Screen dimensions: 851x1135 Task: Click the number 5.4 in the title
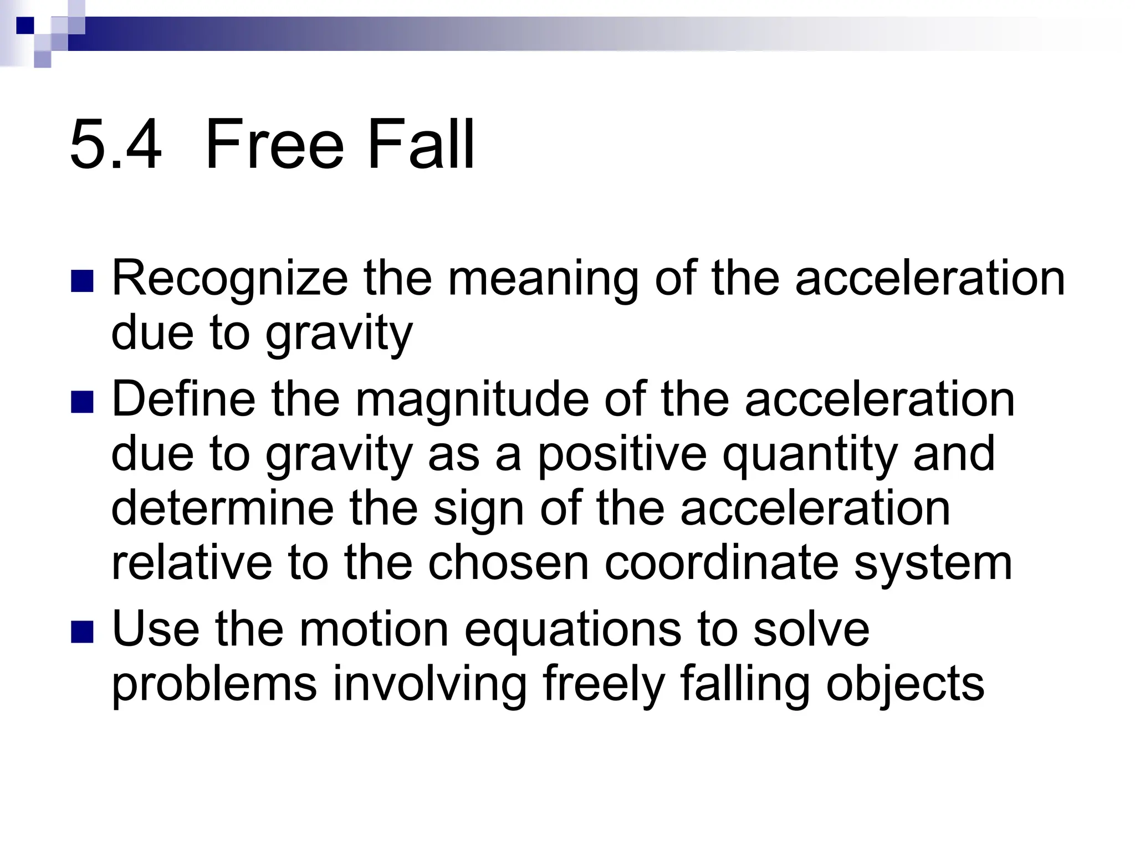[116, 145]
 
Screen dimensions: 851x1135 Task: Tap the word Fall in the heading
[421, 145]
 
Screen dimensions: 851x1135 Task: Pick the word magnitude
[472, 400]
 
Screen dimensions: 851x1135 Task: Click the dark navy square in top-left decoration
[25, 25]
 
